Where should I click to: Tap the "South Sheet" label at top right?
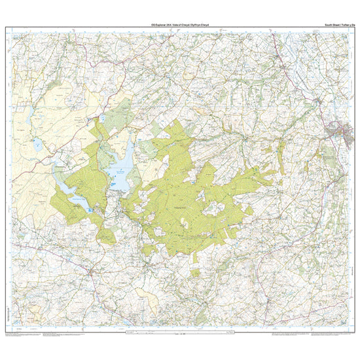334,24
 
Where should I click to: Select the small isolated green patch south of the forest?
195,271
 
